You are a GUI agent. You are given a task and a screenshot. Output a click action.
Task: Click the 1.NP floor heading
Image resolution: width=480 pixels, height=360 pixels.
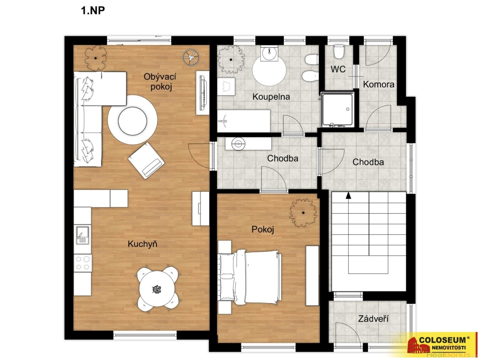93,10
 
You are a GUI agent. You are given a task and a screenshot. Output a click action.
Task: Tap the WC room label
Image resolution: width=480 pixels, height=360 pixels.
338,69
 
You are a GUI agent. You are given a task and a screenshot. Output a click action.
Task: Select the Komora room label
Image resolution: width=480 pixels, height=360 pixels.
378,84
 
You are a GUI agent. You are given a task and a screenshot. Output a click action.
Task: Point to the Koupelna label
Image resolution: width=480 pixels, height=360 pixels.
271,97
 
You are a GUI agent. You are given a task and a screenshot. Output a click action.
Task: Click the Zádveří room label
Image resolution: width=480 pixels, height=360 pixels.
374,319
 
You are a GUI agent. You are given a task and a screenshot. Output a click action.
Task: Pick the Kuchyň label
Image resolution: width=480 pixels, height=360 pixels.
142,244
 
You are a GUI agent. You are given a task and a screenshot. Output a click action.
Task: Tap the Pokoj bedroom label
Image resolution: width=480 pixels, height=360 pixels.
262,229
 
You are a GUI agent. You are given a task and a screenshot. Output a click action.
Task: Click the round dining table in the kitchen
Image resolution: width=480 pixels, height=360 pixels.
157,289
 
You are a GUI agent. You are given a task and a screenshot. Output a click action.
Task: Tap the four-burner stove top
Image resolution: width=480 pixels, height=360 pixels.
82,263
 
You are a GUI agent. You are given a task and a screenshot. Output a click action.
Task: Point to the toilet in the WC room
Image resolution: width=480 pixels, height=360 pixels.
339,52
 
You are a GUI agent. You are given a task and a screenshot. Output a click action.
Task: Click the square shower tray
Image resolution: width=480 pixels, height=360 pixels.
337,110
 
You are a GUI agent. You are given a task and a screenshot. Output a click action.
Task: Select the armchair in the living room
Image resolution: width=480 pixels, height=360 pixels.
146,160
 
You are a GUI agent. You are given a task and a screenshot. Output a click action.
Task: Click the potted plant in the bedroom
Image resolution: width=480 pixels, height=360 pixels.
303,213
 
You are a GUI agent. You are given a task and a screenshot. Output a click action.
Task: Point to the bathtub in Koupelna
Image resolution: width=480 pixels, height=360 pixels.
244,121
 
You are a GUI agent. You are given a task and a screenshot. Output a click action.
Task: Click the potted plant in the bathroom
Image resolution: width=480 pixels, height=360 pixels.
231,60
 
